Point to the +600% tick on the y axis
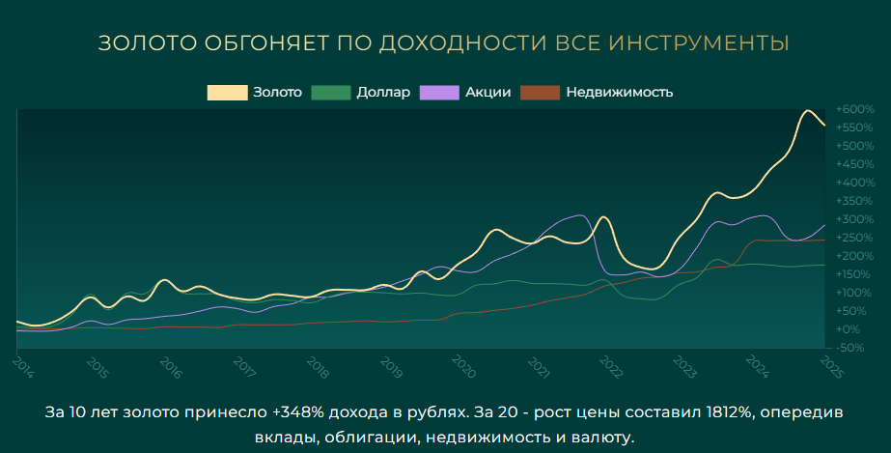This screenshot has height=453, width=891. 854,109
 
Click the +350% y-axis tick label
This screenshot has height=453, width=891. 854,201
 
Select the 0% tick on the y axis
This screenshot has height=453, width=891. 850,329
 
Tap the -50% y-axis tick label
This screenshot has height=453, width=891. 852,348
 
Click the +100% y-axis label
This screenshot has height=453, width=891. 854,293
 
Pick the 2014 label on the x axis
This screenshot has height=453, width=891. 22,366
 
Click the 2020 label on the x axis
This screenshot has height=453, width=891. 462,366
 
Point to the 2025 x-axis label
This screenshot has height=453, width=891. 829,366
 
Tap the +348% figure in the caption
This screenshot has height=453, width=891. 294,412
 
